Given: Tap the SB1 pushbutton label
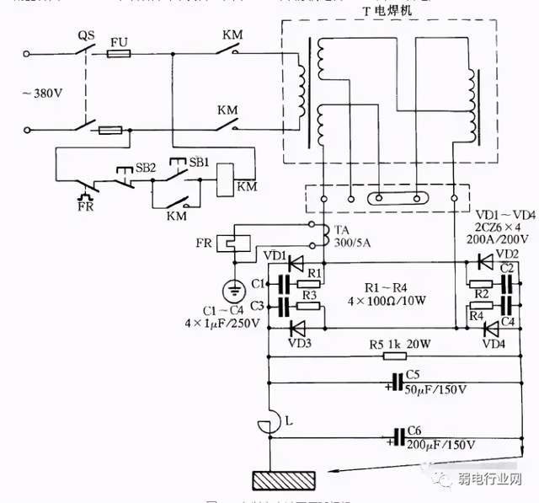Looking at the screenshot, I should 199,160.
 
